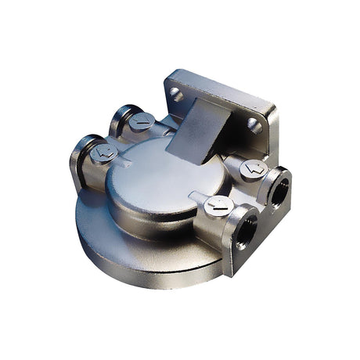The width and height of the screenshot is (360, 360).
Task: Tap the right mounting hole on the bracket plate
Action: [x=253, y=123]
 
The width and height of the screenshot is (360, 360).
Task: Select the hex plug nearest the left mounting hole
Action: [x=142, y=121]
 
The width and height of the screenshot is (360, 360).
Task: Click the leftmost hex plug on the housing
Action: [x=103, y=153]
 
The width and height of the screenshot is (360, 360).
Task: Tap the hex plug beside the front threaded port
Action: [x=218, y=206]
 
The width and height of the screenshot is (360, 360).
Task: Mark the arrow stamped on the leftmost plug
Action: [x=103, y=153]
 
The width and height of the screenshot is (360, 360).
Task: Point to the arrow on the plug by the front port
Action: [x=218, y=206]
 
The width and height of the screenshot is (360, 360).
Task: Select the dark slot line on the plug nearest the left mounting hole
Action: [x=142, y=121]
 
